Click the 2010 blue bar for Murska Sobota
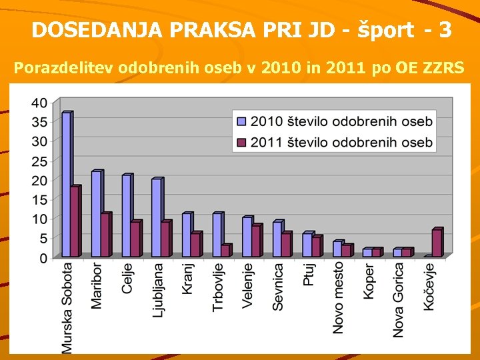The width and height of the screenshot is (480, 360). point(66,185)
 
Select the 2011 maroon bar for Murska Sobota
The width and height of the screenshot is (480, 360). point(75,222)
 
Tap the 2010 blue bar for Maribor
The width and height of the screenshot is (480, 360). point(96,214)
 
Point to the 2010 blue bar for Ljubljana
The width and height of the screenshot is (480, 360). point(156,218)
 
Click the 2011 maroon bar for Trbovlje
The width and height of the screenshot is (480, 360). point(225,251)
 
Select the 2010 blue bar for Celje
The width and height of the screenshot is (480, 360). point(126,216)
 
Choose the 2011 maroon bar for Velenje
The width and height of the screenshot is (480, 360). point(256,241)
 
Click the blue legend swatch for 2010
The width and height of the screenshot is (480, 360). point(241,121)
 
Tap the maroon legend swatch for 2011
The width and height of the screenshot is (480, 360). point(241,141)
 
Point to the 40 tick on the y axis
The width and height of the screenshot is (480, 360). point(39,103)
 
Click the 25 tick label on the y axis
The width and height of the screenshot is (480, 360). point(39,161)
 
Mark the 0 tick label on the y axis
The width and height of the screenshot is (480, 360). point(43,258)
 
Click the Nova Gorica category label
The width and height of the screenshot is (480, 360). point(399,299)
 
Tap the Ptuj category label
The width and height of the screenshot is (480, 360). point(308,274)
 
